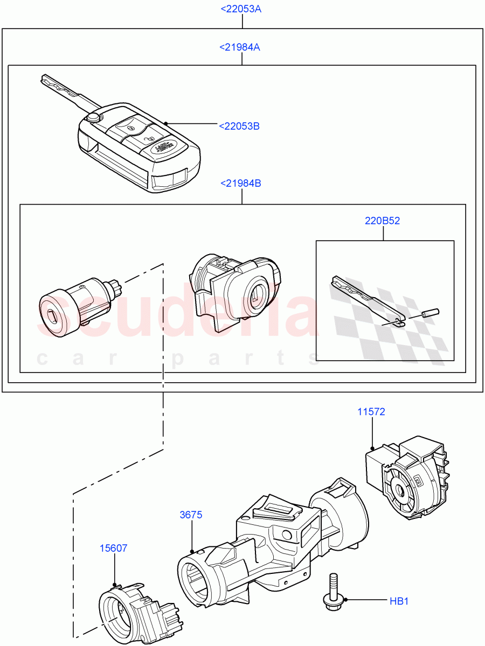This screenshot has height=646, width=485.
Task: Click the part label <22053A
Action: [x=241, y=9]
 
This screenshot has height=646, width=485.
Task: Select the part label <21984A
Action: [x=240, y=47]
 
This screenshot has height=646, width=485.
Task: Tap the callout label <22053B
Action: [x=239, y=126]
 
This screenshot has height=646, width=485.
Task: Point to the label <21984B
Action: [x=240, y=184]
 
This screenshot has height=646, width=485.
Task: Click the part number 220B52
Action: [x=383, y=221]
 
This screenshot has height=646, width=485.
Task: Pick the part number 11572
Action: [x=371, y=412]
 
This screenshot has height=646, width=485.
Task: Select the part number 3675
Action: [x=191, y=515]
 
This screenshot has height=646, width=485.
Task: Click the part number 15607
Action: [x=113, y=548]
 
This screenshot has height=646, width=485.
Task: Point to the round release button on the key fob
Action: [x=94, y=117]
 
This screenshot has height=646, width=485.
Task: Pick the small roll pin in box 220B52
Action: [x=431, y=312]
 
